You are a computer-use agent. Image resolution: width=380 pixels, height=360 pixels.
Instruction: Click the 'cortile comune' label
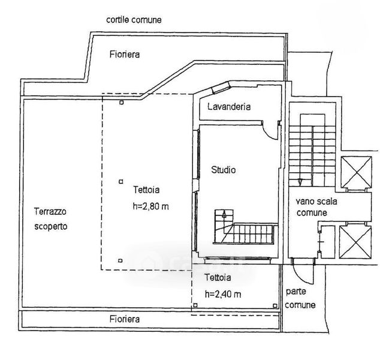[x=134, y=19]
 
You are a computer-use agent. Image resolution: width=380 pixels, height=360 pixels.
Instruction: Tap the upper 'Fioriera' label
[x=125, y=55]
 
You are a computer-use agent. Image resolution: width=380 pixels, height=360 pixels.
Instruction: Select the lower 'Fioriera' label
[x=125, y=320]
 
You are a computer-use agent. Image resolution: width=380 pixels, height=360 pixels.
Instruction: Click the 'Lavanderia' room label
[x=228, y=107]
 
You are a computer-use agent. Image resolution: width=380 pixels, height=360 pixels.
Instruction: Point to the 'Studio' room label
[x=223, y=170]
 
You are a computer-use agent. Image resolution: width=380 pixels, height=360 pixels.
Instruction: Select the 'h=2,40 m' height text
[x=223, y=294]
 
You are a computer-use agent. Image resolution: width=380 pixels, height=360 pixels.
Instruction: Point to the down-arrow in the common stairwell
[x=299, y=178]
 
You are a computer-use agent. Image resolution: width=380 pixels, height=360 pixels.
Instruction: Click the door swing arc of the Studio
[x=272, y=132]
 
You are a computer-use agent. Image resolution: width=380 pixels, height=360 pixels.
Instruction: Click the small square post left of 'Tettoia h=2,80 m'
[x=120, y=181]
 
